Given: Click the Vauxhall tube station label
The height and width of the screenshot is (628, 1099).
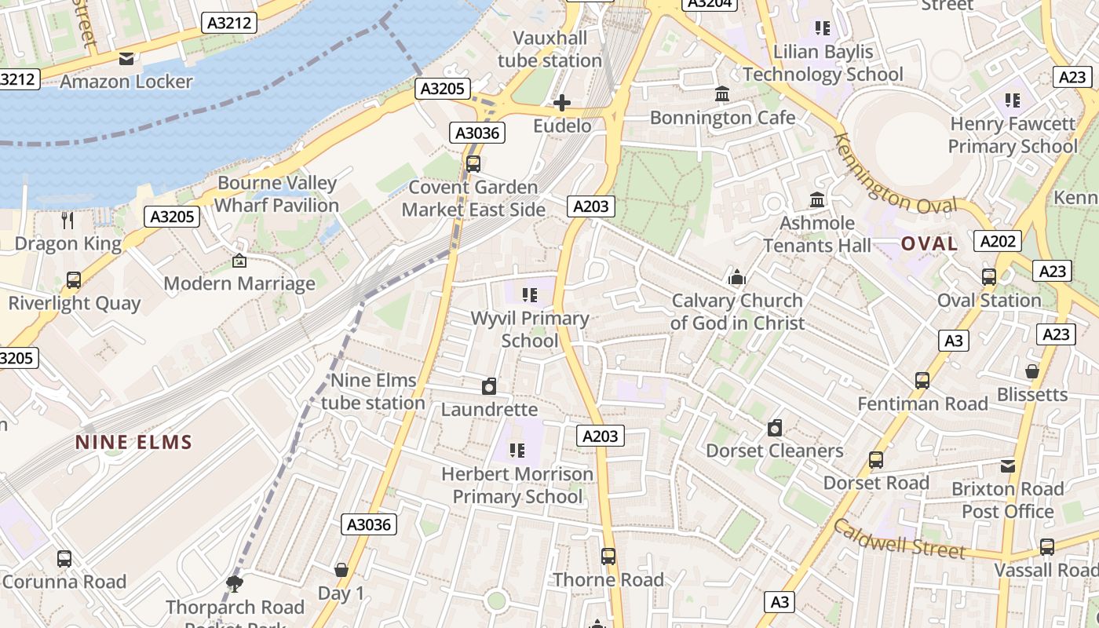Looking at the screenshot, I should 549,49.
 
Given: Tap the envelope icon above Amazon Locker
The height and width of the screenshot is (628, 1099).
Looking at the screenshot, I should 126,59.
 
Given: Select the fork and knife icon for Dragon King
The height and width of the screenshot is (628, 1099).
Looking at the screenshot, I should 68,220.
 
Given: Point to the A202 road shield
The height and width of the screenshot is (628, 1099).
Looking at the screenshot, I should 997,241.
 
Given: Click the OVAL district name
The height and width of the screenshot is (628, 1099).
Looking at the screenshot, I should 929,243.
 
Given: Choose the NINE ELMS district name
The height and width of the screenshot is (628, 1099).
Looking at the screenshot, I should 133,442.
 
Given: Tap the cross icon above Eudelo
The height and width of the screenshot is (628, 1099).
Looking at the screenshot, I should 562,103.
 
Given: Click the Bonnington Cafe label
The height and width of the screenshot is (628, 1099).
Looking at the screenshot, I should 722,118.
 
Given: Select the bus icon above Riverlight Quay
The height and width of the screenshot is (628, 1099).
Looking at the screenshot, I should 74,280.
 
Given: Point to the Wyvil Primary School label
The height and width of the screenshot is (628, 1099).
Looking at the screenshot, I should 530,329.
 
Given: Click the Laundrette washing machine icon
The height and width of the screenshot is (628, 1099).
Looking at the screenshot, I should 489,386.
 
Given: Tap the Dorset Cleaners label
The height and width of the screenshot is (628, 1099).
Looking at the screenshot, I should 774,451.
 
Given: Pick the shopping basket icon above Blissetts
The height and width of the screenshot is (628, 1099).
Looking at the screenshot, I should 1032,371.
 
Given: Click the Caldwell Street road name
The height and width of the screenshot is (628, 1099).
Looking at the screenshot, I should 899,539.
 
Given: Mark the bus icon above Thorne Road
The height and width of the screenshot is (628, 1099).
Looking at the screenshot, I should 608,557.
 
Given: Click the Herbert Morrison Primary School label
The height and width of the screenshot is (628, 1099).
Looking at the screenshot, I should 517,485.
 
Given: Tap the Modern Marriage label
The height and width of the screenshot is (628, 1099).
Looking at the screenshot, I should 239,283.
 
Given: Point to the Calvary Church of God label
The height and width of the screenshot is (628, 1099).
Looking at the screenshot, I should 736,312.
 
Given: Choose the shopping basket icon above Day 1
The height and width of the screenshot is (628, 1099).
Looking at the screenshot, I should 341,570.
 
